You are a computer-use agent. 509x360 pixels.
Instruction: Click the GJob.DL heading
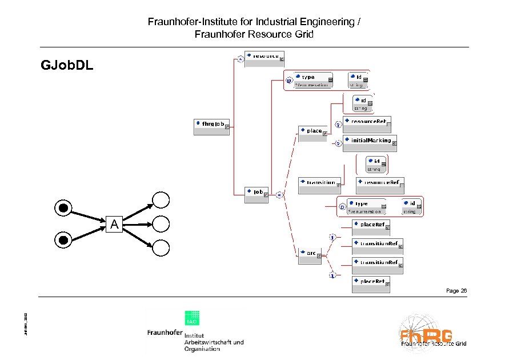(x=67, y=65)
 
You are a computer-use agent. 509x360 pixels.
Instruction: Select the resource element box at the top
(x=263, y=58)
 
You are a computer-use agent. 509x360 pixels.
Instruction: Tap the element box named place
(x=312, y=133)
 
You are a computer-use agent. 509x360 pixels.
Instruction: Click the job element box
(x=256, y=194)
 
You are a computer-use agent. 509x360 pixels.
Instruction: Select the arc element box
(x=310, y=255)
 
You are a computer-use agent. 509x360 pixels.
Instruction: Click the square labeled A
(x=114, y=225)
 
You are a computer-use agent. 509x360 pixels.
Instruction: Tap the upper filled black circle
(x=64, y=207)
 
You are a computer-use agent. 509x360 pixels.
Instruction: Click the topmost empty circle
(x=161, y=199)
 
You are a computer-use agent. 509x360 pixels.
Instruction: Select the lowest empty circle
(x=161, y=247)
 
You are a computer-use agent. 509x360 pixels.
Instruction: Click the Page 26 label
(x=456, y=291)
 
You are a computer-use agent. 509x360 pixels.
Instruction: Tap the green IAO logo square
(x=191, y=319)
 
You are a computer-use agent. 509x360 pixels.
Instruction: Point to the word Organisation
(x=202, y=349)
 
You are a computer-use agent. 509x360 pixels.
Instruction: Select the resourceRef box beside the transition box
(x=380, y=185)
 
